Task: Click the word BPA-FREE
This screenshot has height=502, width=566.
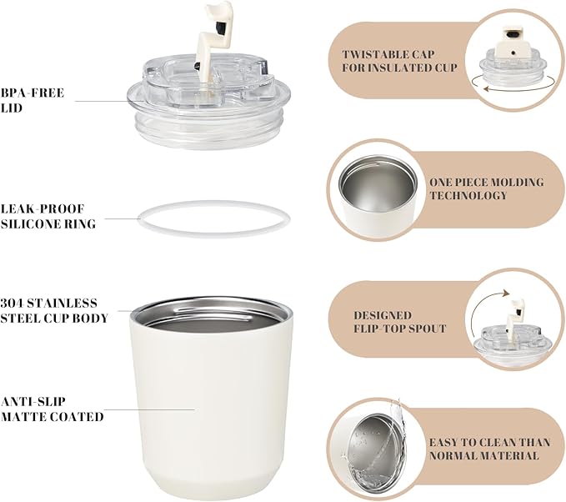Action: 33,93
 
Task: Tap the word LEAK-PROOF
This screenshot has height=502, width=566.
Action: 43,208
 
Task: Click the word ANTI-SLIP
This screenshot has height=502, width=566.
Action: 33,402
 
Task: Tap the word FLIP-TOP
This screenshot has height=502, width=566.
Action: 378,329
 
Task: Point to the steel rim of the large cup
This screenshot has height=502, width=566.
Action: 212,305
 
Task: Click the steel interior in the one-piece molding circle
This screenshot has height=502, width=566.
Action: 378,189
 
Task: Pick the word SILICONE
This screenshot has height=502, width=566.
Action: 27,224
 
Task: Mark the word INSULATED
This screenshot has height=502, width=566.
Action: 398,68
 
